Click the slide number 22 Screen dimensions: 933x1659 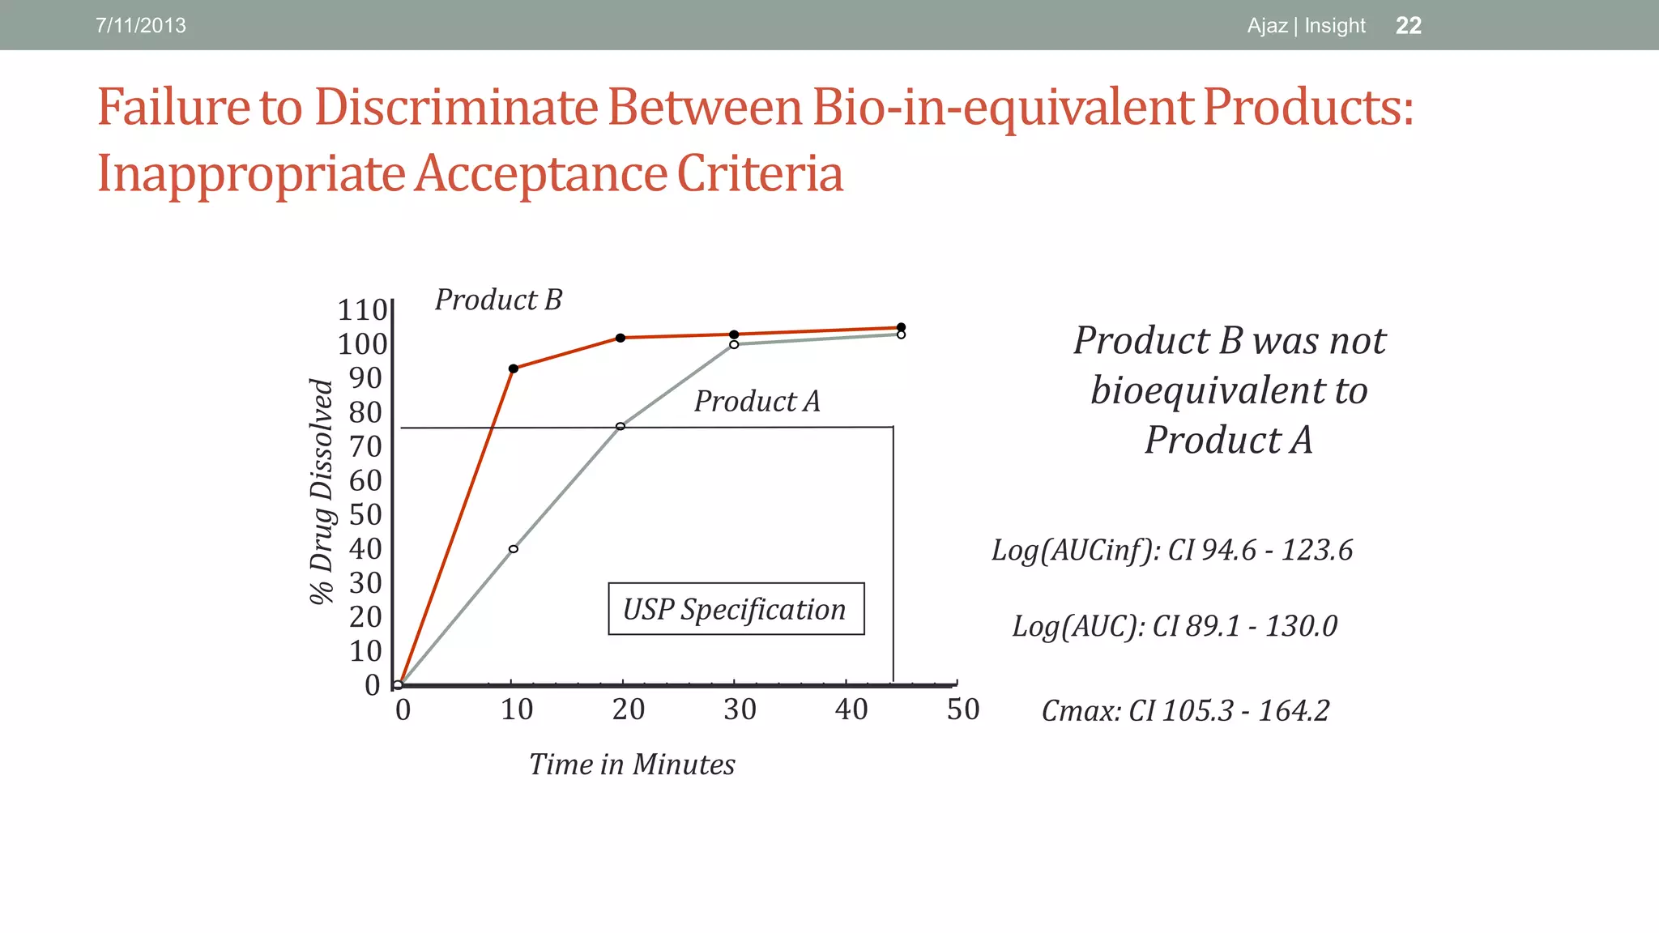pyautogui.click(x=1408, y=25)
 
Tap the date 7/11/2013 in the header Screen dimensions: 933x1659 pyautogui.click(x=140, y=25)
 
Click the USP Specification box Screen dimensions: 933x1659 pyautogui.click(x=736, y=609)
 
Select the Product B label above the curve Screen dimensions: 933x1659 pyautogui.click(x=498, y=300)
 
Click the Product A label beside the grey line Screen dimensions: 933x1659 pyautogui.click(x=757, y=401)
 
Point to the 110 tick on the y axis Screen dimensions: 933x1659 pyautogui.click(x=362, y=310)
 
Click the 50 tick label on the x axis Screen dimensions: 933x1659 pyautogui.click(x=963, y=709)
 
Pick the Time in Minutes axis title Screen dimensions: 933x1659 pyautogui.click(x=632, y=765)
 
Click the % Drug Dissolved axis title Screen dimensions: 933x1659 pyautogui.click(x=322, y=492)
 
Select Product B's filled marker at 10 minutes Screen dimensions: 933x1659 pyautogui.click(x=513, y=369)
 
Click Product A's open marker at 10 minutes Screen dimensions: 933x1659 pyautogui.click(x=513, y=549)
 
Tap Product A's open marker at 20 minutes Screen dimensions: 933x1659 pyautogui.click(x=621, y=426)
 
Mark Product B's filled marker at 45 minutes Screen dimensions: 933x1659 pyautogui.click(x=901, y=327)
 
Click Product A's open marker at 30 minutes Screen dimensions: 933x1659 pyautogui.click(x=734, y=344)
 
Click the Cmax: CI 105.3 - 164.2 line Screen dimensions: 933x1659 pyautogui.click(x=1185, y=711)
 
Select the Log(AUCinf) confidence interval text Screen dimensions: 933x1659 pyautogui.click(x=1172, y=550)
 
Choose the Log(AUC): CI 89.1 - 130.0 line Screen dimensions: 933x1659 pyautogui.click(x=1175, y=626)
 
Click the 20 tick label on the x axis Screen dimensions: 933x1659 pyautogui.click(x=628, y=709)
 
